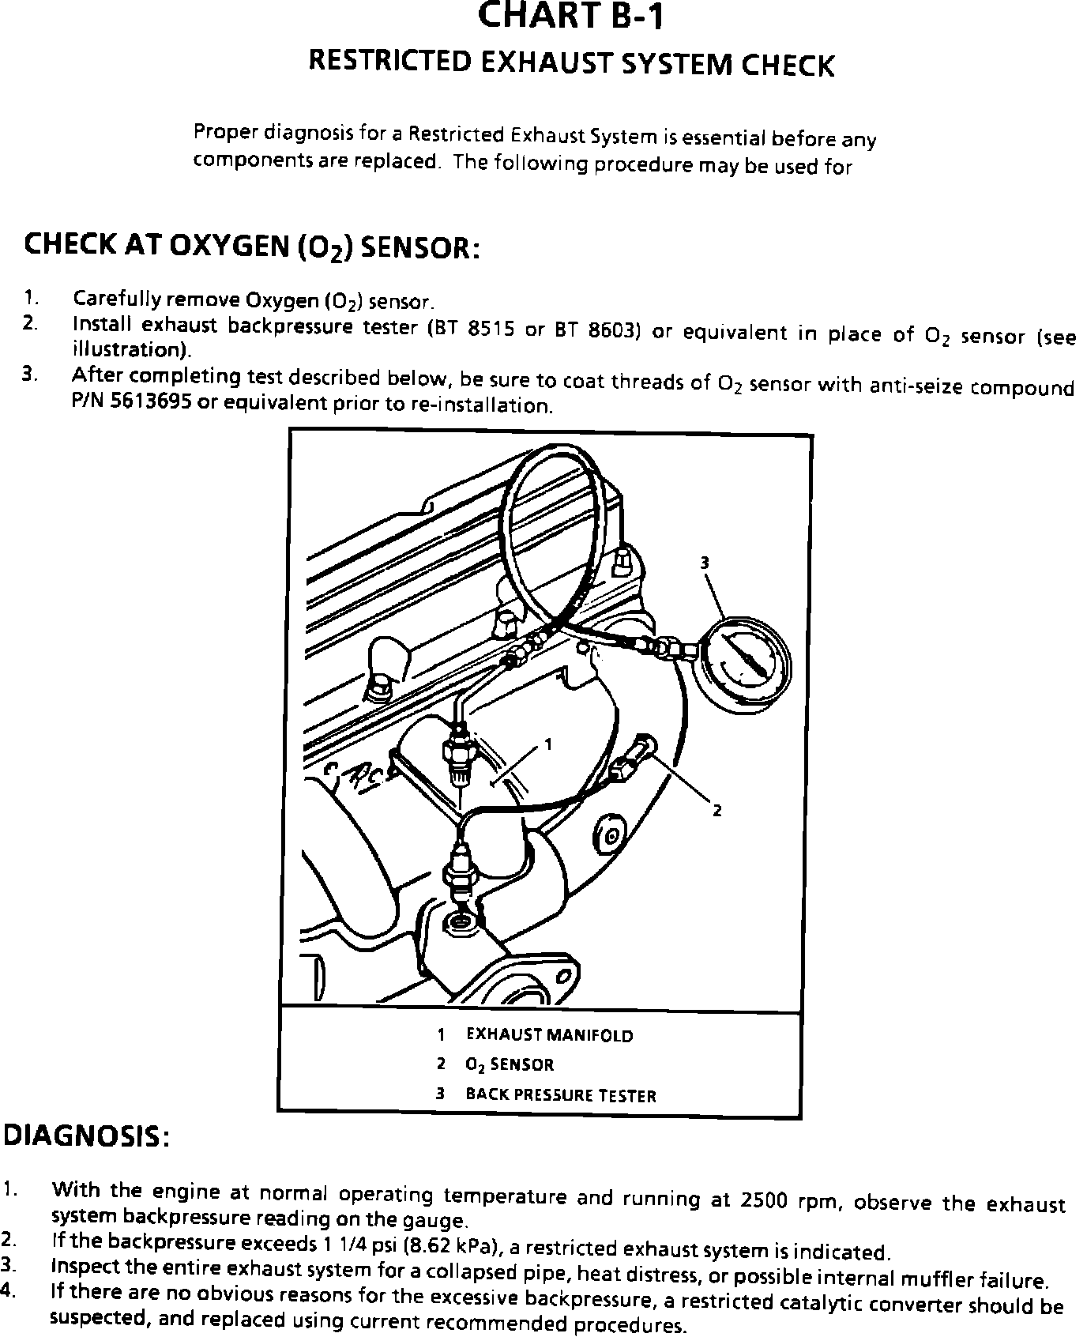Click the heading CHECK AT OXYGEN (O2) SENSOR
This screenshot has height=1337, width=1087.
(x=251, y=246)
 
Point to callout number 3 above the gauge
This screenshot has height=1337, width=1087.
(x=705, y=562)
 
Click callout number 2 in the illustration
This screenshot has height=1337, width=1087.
(x=717, y=810)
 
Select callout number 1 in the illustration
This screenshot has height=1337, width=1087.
(x=548, y=744)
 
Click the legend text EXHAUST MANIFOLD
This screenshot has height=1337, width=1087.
(x=550, y=1035)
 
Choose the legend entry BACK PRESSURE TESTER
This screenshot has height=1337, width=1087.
(x=561, y=1095)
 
